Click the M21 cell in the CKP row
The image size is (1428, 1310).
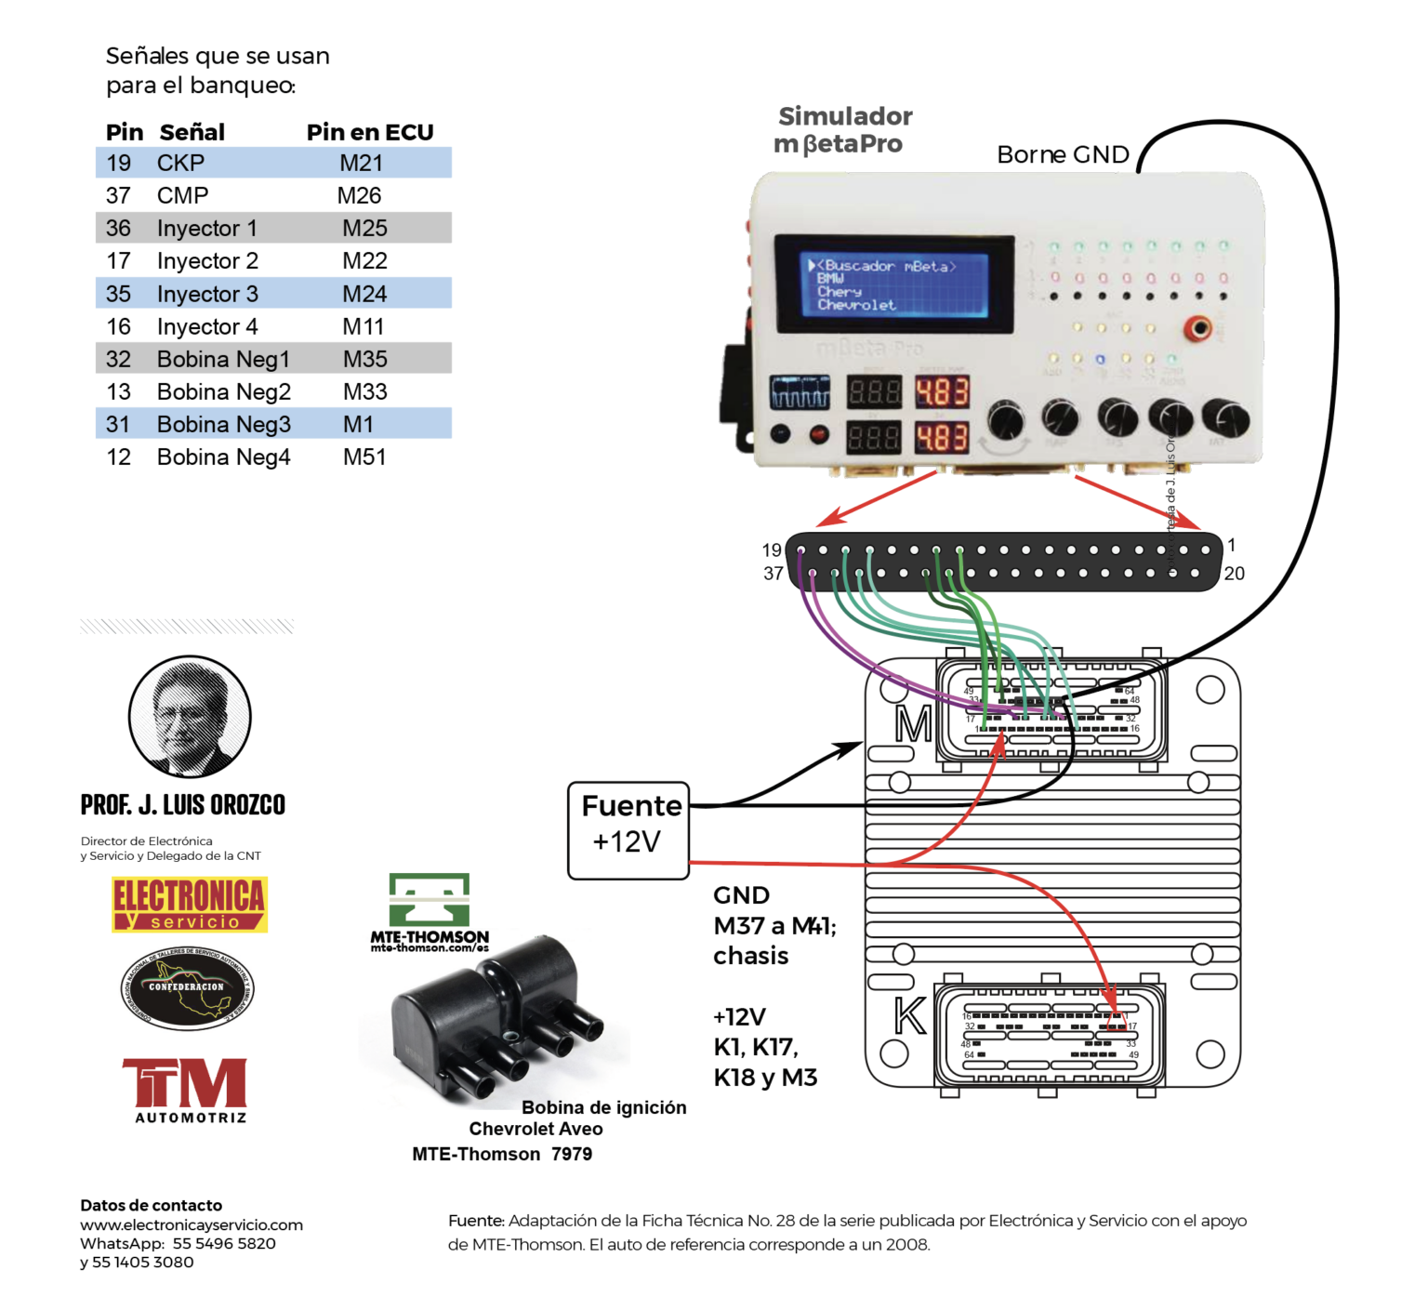(361, 164)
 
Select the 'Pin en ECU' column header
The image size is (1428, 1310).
(370, 132)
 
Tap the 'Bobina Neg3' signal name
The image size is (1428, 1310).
(223, 425)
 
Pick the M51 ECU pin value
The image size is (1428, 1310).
(364, 457)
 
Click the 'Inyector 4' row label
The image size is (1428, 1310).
(207, 327)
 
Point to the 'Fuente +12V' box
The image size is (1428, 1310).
(628, 830)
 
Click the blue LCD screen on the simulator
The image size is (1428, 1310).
(893, 284)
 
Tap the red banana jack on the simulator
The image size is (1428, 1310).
(1200, 328)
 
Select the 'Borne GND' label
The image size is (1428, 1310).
(1063, 154)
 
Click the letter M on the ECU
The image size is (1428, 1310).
(913, 724)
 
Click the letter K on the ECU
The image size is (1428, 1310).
(910, 1016)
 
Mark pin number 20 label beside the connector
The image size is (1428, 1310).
(1234, 574)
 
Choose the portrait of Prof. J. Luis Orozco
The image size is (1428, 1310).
(190, 716)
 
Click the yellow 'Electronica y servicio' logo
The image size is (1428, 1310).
(190, 905)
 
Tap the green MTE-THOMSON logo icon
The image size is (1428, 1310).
(429, 899)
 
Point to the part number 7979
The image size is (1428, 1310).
(571, 1155)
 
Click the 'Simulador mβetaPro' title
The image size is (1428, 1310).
(843, 130)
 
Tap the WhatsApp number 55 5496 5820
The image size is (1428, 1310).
(224, 1244)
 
